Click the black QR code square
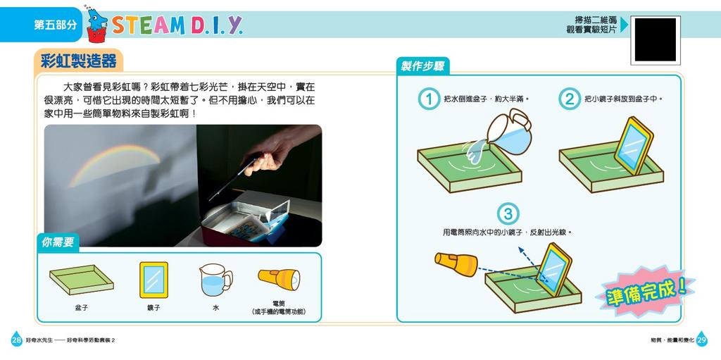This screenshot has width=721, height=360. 655,40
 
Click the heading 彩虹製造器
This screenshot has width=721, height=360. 78,61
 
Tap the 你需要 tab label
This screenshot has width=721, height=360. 58,242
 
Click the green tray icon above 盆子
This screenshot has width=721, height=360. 81,280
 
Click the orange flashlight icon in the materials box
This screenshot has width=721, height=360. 278,278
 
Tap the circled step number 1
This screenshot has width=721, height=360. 427,99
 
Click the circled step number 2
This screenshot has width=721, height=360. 569,99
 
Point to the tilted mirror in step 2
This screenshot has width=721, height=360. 633,146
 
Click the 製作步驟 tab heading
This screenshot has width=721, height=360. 422,66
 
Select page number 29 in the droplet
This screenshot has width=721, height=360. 702,340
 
